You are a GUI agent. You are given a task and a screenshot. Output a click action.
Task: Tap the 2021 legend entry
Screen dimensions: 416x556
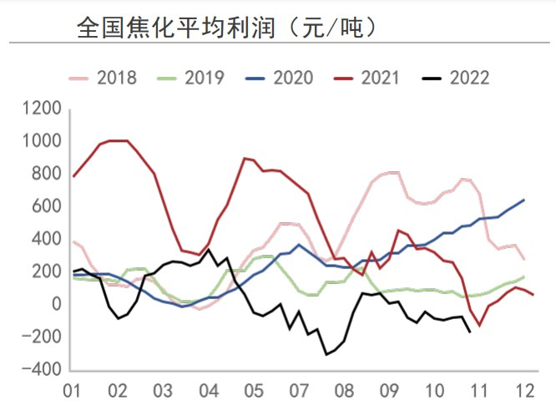pos(367,79)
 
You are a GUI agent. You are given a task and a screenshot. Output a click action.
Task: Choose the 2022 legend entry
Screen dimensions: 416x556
pos(456,79)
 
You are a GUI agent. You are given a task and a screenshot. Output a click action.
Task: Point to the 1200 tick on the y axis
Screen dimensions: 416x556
pos(44,109)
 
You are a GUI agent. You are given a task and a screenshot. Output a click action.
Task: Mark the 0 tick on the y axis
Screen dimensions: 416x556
pos(57,305)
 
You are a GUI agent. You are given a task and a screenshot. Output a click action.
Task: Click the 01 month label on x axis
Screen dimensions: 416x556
pos(73,391)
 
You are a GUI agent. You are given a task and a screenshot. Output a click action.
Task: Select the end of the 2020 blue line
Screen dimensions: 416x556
pos(524,200)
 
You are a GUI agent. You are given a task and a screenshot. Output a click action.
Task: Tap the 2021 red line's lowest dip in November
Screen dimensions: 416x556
pos(479,325)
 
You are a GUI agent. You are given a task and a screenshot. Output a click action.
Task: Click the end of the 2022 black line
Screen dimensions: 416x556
pos(470,332)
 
